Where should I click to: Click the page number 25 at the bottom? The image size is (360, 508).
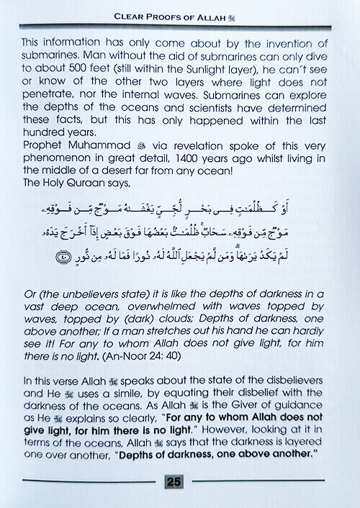click(x=173, y=481)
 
